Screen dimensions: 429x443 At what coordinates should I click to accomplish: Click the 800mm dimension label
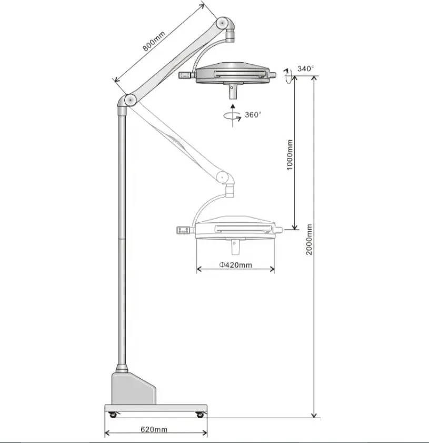coord(154,41)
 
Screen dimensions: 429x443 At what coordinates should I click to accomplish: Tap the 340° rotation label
coord(306,68)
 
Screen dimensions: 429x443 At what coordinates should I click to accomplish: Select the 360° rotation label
coord(253,115)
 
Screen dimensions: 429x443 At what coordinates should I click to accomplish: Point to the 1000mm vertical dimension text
coord(290,154)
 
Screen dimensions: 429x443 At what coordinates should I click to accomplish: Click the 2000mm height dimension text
coord(309,239)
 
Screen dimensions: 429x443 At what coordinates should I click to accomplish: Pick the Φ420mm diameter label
coord(235,265)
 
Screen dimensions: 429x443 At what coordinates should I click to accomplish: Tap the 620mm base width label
coord(154,429)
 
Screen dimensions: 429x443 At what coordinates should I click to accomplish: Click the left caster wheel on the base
coord(113,415)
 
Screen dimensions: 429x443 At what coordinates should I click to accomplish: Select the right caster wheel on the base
coord(200,415)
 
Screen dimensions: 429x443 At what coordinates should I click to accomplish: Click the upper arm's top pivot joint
coord(223,23)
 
